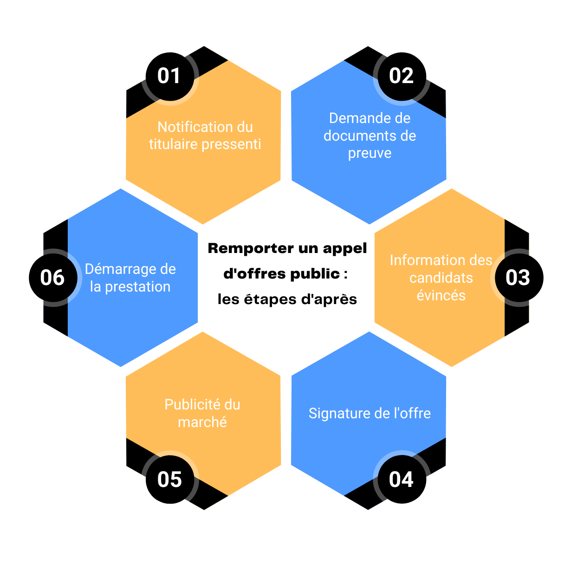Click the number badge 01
pos(169,76)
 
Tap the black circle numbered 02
pos(401,76)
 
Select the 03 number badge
pos(518,278)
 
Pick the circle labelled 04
pos(401,480)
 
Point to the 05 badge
pos(169,480)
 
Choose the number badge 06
pos(52,278)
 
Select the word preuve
pos(370,153)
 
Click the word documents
pos(356,136)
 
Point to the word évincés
pos(441,295)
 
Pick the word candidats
pos(441,278)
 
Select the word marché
pos(202,422)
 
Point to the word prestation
pos(137,287)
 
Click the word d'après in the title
pos(329,299)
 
